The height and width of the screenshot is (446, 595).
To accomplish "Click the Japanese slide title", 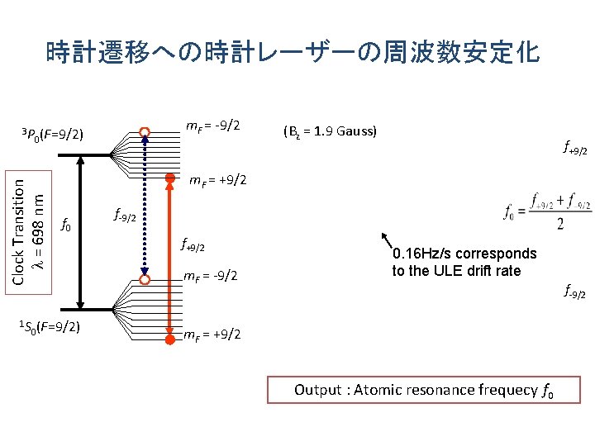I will click(293, 53).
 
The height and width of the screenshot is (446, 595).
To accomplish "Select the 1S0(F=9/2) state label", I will click(49, 326).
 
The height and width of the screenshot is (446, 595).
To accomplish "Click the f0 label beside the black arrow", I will click(68, 224).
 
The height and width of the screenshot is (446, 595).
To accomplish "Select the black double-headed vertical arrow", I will click(80, 232).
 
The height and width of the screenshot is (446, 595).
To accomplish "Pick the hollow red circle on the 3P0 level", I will click(145, 131).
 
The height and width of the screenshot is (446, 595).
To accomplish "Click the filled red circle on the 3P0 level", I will click(169, 178).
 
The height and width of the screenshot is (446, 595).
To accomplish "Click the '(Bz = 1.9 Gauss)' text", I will click(329, 131).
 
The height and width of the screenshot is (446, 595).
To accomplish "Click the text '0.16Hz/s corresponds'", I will click(464, 254).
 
